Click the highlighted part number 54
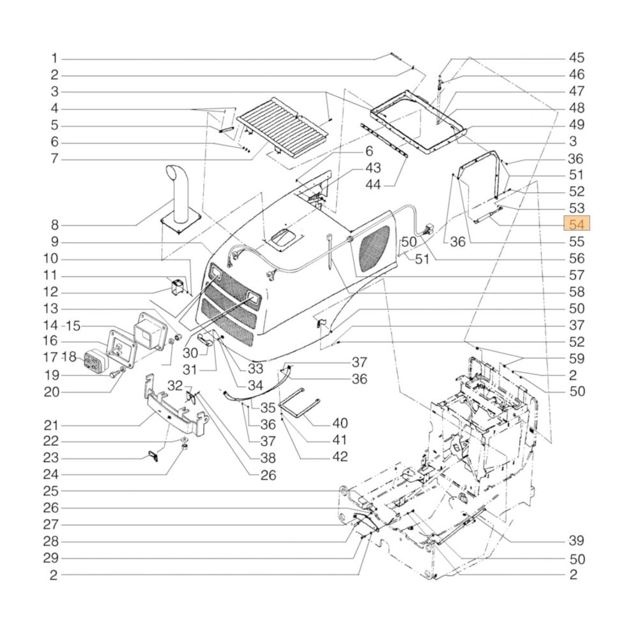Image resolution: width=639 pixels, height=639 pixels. pyautogui.click(x=576, y=224)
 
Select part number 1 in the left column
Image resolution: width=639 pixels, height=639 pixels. pyautogui.click(x=55, y=58)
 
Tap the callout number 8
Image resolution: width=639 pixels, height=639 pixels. pyautogui.click(x=55, y=225)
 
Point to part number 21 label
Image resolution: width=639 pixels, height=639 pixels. pyautogui.click(x=52, y=425)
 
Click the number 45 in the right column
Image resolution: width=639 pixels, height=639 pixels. pyautogui.click(x=576, y=58)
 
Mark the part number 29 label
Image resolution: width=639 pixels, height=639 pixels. pyautogui.click(x=52, y=558)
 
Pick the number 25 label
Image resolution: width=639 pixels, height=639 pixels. pyautogui.click(x=52, y=491)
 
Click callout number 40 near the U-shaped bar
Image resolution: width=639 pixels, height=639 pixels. pyautogui.click(x=340, y=423)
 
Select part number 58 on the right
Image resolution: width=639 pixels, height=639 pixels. pyautogui.click(x=576, y=292)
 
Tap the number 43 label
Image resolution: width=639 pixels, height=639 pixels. pyautogui.click(x=373, y=168)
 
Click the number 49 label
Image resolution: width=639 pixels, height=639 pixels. pyautogui.click(x=576, y=125)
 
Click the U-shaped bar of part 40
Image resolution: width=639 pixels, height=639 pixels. pyautogui.click(x=299, y=405)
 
